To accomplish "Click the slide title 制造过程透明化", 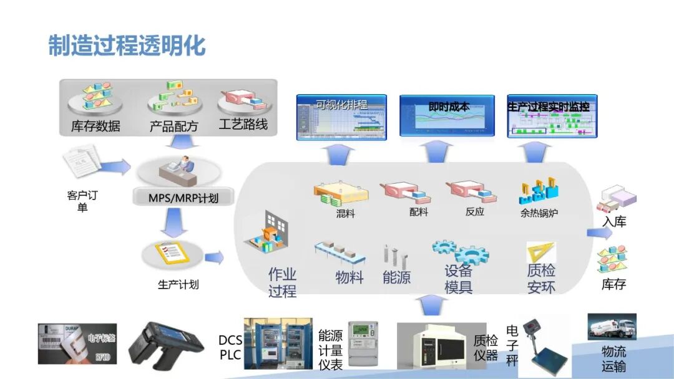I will pos(127,46).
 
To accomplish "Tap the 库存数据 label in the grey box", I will pos(95,126).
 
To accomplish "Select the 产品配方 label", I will pos(173,126).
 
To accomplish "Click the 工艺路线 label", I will pos(243,125).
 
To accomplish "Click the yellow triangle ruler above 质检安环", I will pos(540,252).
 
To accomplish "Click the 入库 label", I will pos(614,221).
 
